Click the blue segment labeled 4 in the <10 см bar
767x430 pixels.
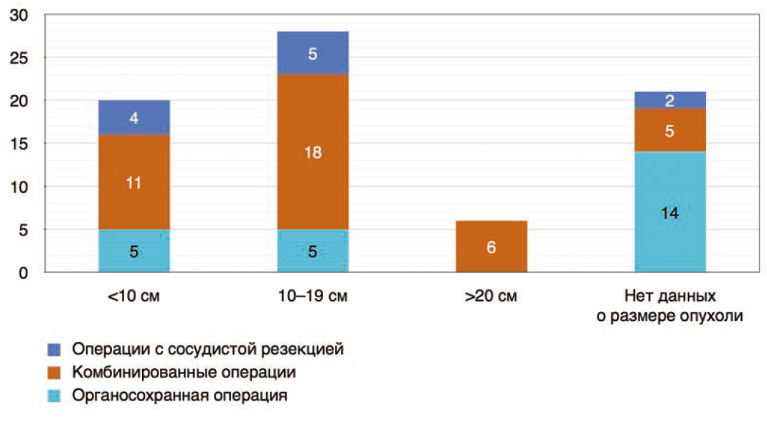click(x=134, y=116)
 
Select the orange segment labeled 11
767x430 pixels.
click(x=134, y=182)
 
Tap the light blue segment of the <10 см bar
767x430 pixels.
click(x=134, y=251)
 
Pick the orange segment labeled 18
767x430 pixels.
click(x=313, y=152)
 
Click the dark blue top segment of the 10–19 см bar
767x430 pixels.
click(x=313, y=53)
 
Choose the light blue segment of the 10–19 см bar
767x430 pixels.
click(x=313, y=251)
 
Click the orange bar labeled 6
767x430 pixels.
click(x=491, y=247)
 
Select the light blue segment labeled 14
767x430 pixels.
click(x=670, y=212)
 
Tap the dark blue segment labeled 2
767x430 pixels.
click(x=670, y=101)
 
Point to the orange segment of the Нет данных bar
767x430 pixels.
click(x=670, y=131)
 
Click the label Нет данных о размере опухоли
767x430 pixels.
click(x=670, y=306)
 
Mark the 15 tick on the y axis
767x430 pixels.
click(x=23, y=144)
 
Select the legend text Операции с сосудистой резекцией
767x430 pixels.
click(x=207, y=350)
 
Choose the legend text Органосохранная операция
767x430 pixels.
click(x=179, y=396)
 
